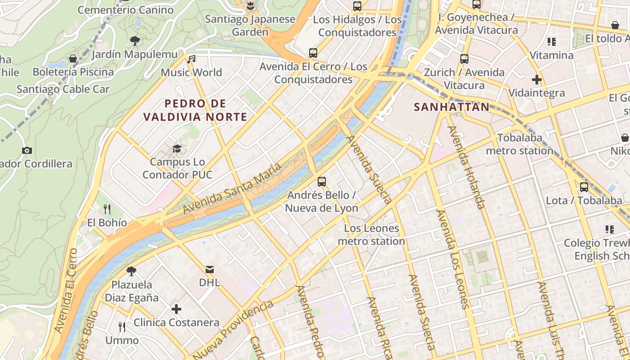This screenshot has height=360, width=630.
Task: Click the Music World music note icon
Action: pyautogui.click(x=192, y=59)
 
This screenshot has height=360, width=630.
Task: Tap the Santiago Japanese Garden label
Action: pyautogui.click(x=250, y=26)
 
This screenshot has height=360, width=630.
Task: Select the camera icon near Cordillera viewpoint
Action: pyautogui.click(x=27, y=150)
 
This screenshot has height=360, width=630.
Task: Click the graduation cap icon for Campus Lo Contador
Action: pyautogui.click(x=177, y=148)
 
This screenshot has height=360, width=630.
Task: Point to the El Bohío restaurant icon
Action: pyautogui.click(x=107, y=209)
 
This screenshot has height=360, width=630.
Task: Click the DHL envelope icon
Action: pyautogui.click(x=210, y=270)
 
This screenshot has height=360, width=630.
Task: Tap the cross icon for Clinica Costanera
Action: pyautogui.click(x=176, y=309)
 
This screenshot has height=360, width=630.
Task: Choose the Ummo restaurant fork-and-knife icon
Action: pyautogui.click(x=122, y=327)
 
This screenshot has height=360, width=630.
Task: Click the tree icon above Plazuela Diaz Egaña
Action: pyautogui.click(x=131, y=271)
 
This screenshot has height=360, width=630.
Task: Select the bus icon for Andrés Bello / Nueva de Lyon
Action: pyautogui.click(x=322, y=182)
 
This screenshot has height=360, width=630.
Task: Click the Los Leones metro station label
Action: pyautogui.click(x=371, y=234)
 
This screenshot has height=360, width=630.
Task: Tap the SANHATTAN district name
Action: pyautogui.click(x=451, y=107)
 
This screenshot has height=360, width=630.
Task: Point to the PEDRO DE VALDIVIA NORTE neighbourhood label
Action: pyautogui.click(x=195, y=110)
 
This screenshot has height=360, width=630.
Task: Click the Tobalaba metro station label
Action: pyautogui.click(x=520, y=144)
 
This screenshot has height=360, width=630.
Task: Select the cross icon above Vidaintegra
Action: pyautogui.click(x=536, y=80)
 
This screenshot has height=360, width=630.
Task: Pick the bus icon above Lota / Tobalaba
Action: pyautogui.click(x=584, y=187)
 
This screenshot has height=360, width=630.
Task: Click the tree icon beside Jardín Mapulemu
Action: pyautogui.click(x=135, y=41)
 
